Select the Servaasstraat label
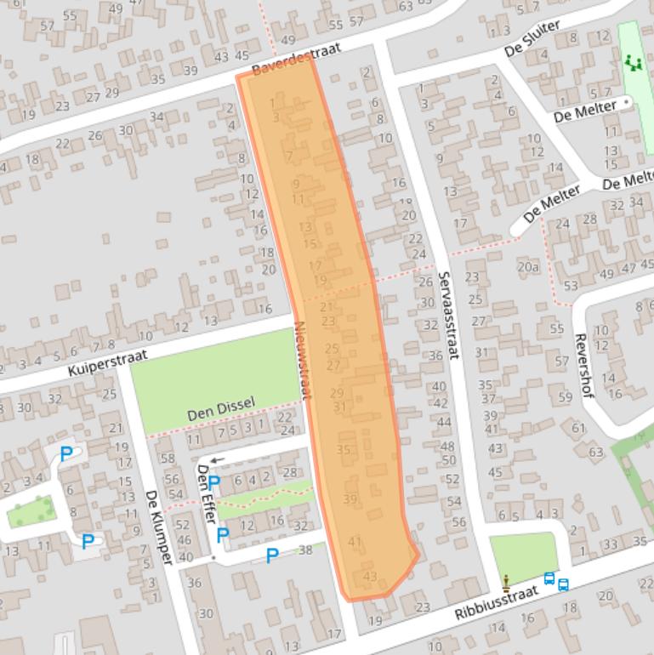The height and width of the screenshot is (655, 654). pos(448,315)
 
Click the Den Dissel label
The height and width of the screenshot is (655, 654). pos(220,409)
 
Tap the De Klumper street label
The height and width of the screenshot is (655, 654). pos(159,527)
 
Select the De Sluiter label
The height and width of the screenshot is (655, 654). pos(532,39)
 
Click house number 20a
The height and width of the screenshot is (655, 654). pos(528,266)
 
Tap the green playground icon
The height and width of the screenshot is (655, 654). pos(632,62)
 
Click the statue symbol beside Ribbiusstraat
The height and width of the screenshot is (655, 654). pos(507,583)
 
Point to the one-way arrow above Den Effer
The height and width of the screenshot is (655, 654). pos(218,460)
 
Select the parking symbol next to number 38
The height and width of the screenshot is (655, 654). pos(272,555)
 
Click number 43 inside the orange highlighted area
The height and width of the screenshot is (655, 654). pos(369,577)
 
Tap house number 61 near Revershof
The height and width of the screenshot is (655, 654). pos(579,428)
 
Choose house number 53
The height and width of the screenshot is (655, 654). pos(571,286)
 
